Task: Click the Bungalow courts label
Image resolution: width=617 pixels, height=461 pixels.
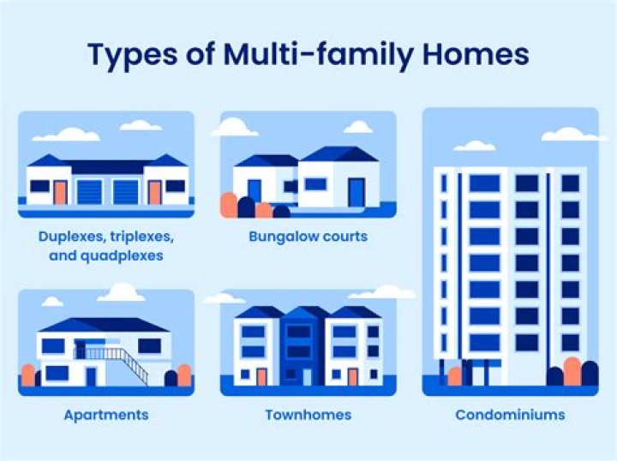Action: coord(308,236)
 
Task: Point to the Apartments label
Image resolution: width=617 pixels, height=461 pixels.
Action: coord(105,415)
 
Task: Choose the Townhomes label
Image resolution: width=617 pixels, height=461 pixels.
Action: coord(308,415)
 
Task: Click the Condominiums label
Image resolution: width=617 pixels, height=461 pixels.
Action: coord(510,415)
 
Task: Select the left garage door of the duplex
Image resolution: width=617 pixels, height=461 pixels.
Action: coord(89,191)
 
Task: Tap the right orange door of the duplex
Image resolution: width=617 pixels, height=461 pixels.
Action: coord(155,192)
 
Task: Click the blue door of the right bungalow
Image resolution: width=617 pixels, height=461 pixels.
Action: coord(356,192)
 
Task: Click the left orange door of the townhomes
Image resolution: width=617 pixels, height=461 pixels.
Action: coord(261,376)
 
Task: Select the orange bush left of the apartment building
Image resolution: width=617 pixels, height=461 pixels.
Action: coord(28,375)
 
